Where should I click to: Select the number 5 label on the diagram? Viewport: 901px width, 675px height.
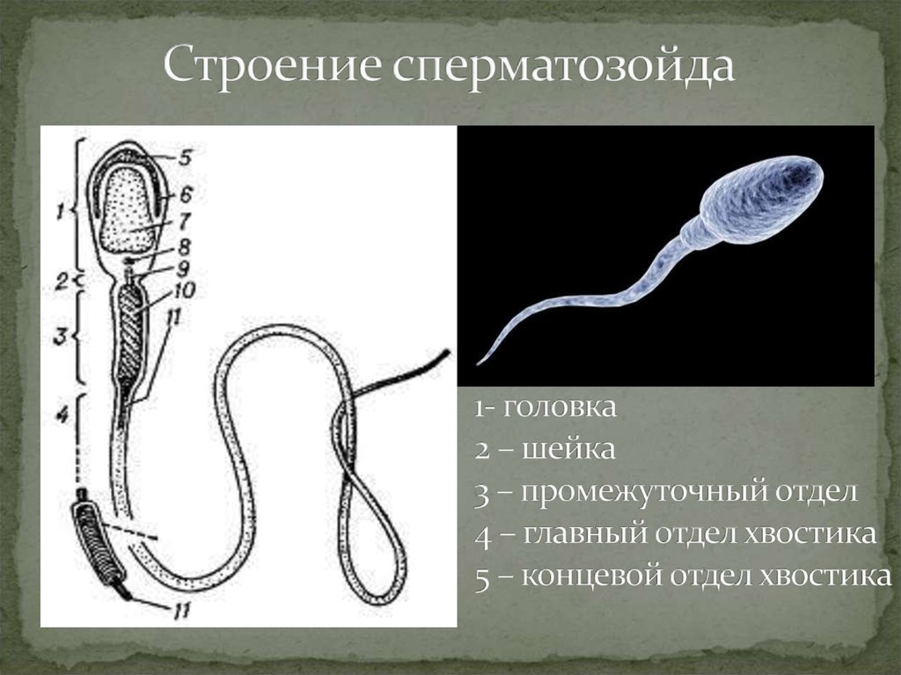point(184,158)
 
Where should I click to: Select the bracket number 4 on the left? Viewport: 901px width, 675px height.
point(61,415)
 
